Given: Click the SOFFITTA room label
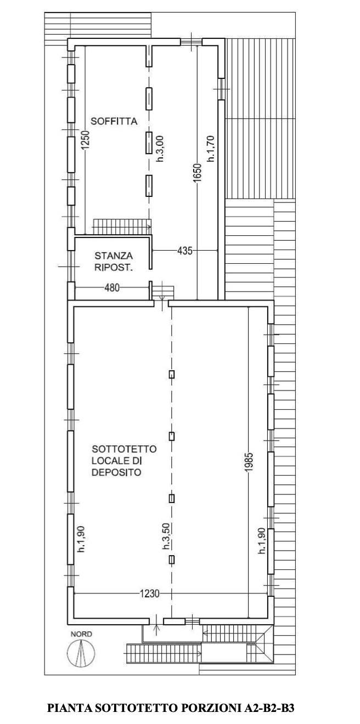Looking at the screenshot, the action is pos(114,121).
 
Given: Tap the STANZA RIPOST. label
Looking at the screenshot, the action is pos(114,262).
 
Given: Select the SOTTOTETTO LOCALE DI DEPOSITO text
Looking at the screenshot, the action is pos(124,460).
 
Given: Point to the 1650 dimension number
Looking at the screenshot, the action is pos(198,173).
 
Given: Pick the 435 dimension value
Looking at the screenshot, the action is pos(185,250).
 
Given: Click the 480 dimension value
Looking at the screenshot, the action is pos(112,287).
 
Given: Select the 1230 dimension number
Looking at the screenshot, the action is pos(149,594).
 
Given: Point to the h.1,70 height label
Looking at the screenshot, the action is pos(211,149).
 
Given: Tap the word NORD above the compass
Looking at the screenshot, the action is pos(81,634).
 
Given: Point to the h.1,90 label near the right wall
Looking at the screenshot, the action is pos(262,541).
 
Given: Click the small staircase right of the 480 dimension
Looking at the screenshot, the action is pos(164,293).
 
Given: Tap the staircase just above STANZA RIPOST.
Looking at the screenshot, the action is pos(122,226).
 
